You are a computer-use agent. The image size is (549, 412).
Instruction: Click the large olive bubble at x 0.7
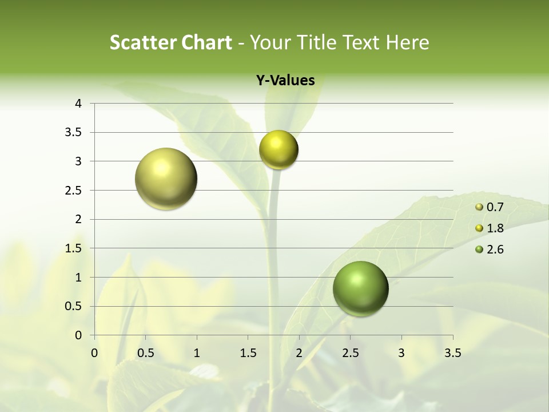(166, 179)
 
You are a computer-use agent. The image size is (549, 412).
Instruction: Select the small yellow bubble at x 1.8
(279, 150)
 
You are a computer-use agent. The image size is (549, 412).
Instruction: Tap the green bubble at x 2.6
(361, 288)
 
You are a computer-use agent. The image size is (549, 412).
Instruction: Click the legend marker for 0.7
(479, 207)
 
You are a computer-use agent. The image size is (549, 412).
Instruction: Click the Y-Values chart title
(285, 81)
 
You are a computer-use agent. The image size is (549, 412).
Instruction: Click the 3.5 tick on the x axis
(452, 353)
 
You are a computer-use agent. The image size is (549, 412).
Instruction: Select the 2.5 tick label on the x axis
(350, 353)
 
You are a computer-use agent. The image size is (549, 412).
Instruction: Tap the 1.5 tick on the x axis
(248, 353)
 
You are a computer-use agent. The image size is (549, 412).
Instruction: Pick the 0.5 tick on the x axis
(145, 353)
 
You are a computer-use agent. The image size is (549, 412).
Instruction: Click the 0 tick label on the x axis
(94, 353)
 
